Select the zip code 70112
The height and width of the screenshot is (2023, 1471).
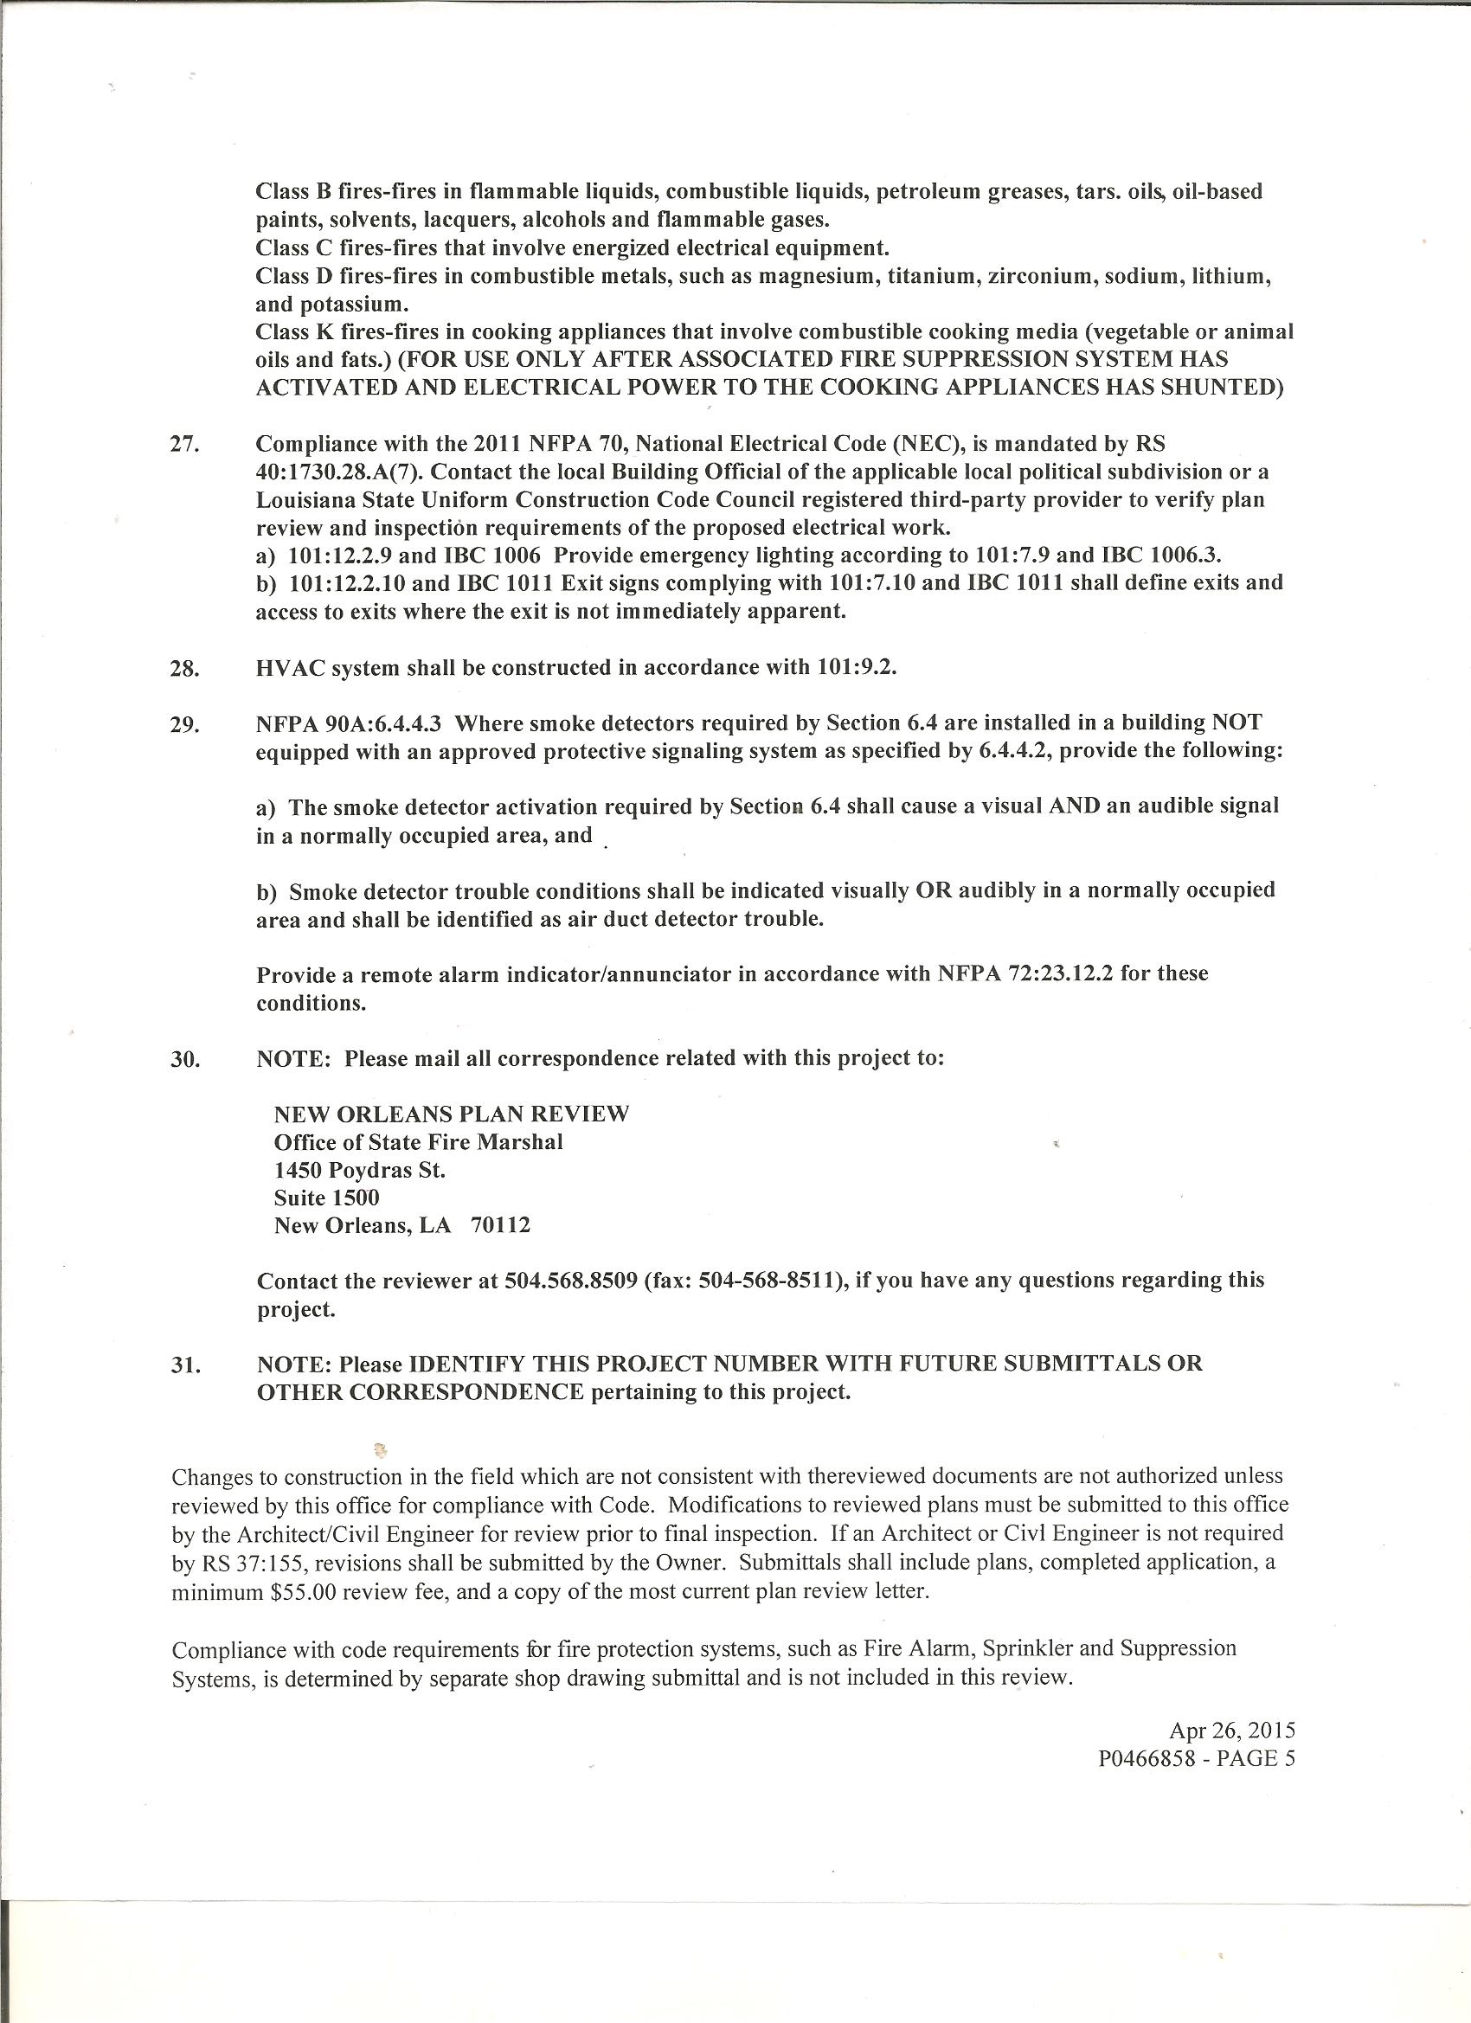[x=499, y=1225]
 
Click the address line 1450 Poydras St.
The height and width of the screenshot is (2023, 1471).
[x=359, y=1169]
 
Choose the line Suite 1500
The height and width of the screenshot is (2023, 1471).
[x=326, y=1198]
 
